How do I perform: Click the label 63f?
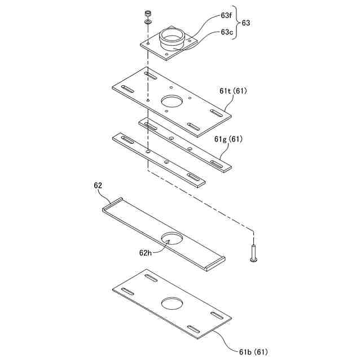226,17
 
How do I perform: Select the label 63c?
226,32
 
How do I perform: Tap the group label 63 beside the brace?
246,24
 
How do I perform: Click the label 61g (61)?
228,139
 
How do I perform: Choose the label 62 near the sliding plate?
98,185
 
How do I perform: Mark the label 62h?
146,253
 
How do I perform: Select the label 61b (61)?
252,352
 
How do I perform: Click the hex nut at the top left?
147,12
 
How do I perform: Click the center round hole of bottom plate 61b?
173,303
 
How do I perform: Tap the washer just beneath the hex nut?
147,21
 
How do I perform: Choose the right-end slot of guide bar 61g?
217,164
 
